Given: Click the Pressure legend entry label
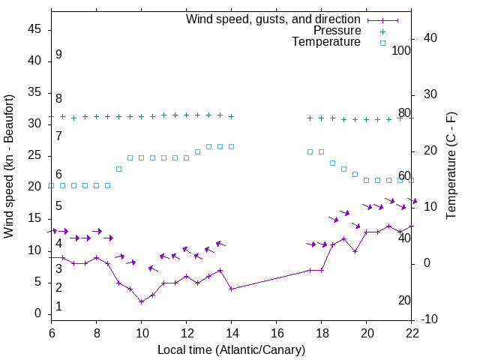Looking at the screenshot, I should (337, 31).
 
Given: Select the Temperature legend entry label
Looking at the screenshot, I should (326, 42).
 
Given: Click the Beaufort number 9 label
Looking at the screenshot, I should (58, 55).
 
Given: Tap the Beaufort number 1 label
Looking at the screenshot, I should (58, 307).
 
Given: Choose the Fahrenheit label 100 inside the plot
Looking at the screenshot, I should (401, 50).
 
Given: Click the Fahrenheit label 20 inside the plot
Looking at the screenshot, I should (404, 300).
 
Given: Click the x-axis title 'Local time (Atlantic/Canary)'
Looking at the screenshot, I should (232, 349).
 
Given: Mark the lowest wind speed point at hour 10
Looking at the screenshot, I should (142, 301).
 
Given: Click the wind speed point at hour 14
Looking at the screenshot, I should (232, 289).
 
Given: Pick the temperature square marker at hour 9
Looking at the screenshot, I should (119, 169).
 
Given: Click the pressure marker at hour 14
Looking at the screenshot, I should (232, 116).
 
